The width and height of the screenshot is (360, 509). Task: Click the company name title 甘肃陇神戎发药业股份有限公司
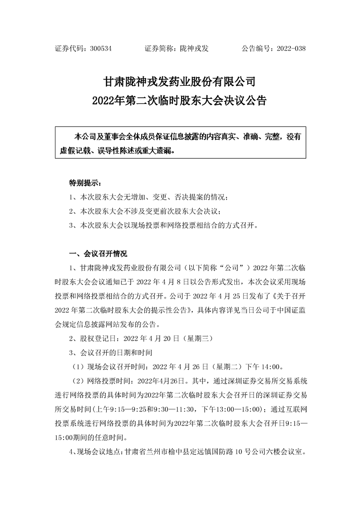point(180,82)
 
